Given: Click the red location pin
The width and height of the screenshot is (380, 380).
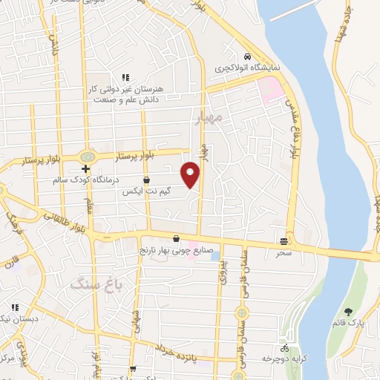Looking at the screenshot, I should tap(191, 174).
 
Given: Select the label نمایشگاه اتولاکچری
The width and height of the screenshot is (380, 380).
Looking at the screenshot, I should tap(247, 67).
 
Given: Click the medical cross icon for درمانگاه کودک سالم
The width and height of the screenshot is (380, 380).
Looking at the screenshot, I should tap(86, 169).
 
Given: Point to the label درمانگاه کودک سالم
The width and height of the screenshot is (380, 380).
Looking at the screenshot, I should tap(83, 180).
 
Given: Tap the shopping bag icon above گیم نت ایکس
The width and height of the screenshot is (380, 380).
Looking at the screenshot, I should tap(147, 180).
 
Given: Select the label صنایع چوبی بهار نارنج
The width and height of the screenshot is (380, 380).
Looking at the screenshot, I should tap(176, 251).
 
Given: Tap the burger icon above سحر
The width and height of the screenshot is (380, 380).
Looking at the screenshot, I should tap(284, 240).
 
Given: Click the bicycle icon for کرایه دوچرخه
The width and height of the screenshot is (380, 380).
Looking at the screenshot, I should tap(284, 348).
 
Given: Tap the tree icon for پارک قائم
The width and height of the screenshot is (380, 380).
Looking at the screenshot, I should tap(349, 312).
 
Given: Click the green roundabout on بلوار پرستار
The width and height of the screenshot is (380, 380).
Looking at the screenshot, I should tap(88, 157).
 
